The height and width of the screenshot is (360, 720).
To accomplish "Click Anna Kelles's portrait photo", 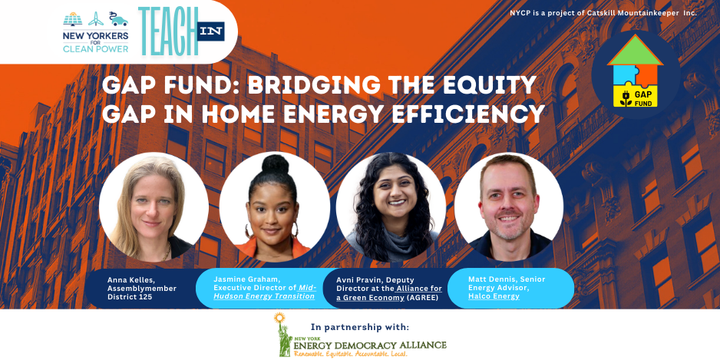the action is [154, 207].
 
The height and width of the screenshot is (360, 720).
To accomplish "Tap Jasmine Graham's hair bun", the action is [275, 164].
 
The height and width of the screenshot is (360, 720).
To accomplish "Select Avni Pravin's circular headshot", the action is [391, 207].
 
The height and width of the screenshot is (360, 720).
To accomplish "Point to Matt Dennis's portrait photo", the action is [509, 207].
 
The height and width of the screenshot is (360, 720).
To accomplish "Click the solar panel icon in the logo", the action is [73, 19].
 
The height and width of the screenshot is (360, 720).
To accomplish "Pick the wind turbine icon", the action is [96, 19].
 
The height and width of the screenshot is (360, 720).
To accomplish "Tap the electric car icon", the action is [118, 19].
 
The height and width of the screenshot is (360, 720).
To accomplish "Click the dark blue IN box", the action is [211, 31].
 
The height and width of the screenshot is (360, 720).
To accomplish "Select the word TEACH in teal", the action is [168, 31].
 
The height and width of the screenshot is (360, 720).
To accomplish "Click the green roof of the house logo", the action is [635, 50].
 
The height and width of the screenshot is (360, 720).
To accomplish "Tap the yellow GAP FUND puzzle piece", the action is [636, 96].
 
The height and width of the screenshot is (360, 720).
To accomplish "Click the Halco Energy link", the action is [494, 296].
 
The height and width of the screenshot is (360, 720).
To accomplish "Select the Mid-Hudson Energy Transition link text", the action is [264, 292].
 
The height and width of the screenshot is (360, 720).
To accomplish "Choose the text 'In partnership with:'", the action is [359, 328].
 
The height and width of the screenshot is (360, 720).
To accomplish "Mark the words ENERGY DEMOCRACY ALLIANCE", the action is [370, 345].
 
